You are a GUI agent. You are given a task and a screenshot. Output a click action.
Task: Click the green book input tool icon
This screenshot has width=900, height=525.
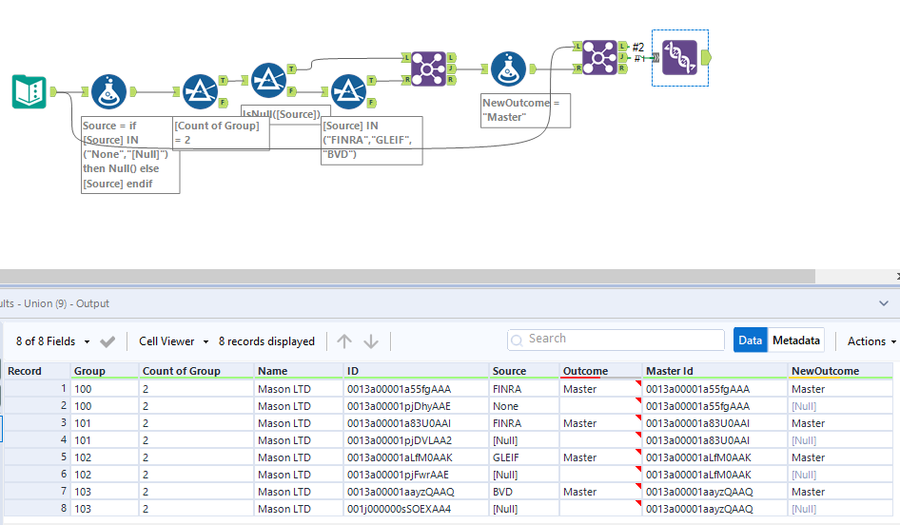29,91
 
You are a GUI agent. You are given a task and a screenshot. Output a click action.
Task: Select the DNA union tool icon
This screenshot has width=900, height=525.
680,57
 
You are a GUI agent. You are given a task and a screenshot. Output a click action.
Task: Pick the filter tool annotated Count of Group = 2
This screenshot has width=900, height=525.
200,91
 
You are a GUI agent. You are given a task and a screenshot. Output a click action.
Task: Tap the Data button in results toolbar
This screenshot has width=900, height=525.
750,340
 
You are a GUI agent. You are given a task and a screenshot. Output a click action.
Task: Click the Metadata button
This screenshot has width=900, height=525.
796,340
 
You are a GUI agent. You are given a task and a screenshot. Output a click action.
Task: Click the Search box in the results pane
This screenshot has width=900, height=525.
616,339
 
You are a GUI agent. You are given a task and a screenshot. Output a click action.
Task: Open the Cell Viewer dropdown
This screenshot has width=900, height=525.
171,340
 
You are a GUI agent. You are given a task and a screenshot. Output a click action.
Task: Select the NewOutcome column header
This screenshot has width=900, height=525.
825,371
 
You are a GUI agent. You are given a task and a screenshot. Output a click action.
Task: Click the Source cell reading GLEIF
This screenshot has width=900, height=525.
508,457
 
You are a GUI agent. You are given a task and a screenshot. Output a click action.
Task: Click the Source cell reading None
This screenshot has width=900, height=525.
506,406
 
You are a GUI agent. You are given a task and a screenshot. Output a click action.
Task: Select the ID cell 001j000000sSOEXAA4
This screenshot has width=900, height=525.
398,509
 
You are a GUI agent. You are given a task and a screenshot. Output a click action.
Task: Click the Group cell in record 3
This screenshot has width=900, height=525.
86,423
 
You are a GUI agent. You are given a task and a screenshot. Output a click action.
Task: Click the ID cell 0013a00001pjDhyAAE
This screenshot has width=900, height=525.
398,406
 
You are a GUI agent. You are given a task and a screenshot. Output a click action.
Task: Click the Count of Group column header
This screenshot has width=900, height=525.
182,371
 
